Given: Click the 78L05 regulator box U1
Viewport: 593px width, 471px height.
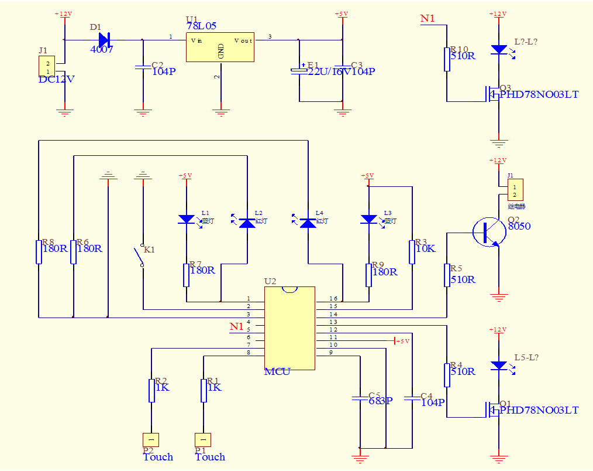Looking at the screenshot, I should [220, 47].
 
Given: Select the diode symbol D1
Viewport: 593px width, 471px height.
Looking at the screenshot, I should [105, 40].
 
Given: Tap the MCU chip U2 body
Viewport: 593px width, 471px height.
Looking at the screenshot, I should [289, 328].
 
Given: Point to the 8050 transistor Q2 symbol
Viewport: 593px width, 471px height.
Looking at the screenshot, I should [488, 232].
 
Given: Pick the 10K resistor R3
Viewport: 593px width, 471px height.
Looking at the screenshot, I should [412, 251].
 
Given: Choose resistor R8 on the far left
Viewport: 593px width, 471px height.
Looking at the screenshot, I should [39, 251].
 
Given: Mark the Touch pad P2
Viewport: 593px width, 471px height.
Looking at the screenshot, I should [151, 439].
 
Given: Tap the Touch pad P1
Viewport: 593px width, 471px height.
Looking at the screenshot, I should [203, 439].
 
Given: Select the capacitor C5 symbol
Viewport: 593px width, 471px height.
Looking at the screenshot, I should [360, 400].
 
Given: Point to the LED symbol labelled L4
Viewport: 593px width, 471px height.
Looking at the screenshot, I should [308, 222].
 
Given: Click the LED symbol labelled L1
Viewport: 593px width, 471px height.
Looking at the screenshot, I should [186, 220].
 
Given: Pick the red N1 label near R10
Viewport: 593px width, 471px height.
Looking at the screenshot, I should [428, 19].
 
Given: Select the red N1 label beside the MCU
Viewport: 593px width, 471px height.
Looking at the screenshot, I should [236, 326].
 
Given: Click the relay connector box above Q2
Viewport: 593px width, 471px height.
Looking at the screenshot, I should [515, 190].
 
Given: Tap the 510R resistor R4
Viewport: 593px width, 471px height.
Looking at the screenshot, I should [447, 375].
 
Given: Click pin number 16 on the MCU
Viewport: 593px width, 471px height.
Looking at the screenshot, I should [333, 299].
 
